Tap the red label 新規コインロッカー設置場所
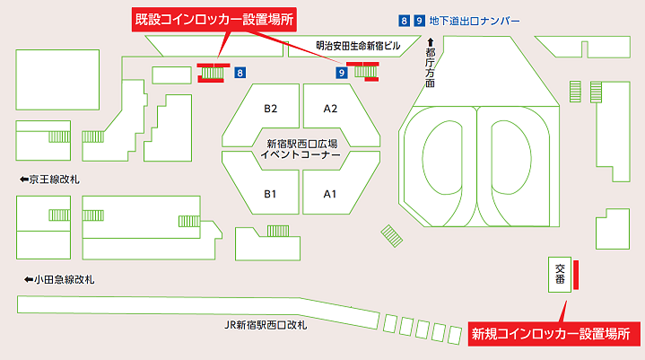[557, 334]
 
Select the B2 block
[270, 109]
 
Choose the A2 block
[329, 109]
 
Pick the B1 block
[270, 193]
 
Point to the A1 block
[329, 193]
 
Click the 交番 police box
[560, 274]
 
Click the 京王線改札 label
[55, 180]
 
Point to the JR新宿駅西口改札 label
[266, 324]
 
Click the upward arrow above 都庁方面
[431, 41]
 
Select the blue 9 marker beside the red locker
[341, 72]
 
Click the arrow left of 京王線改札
[23, 180]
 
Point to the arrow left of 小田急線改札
[23, 280]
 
